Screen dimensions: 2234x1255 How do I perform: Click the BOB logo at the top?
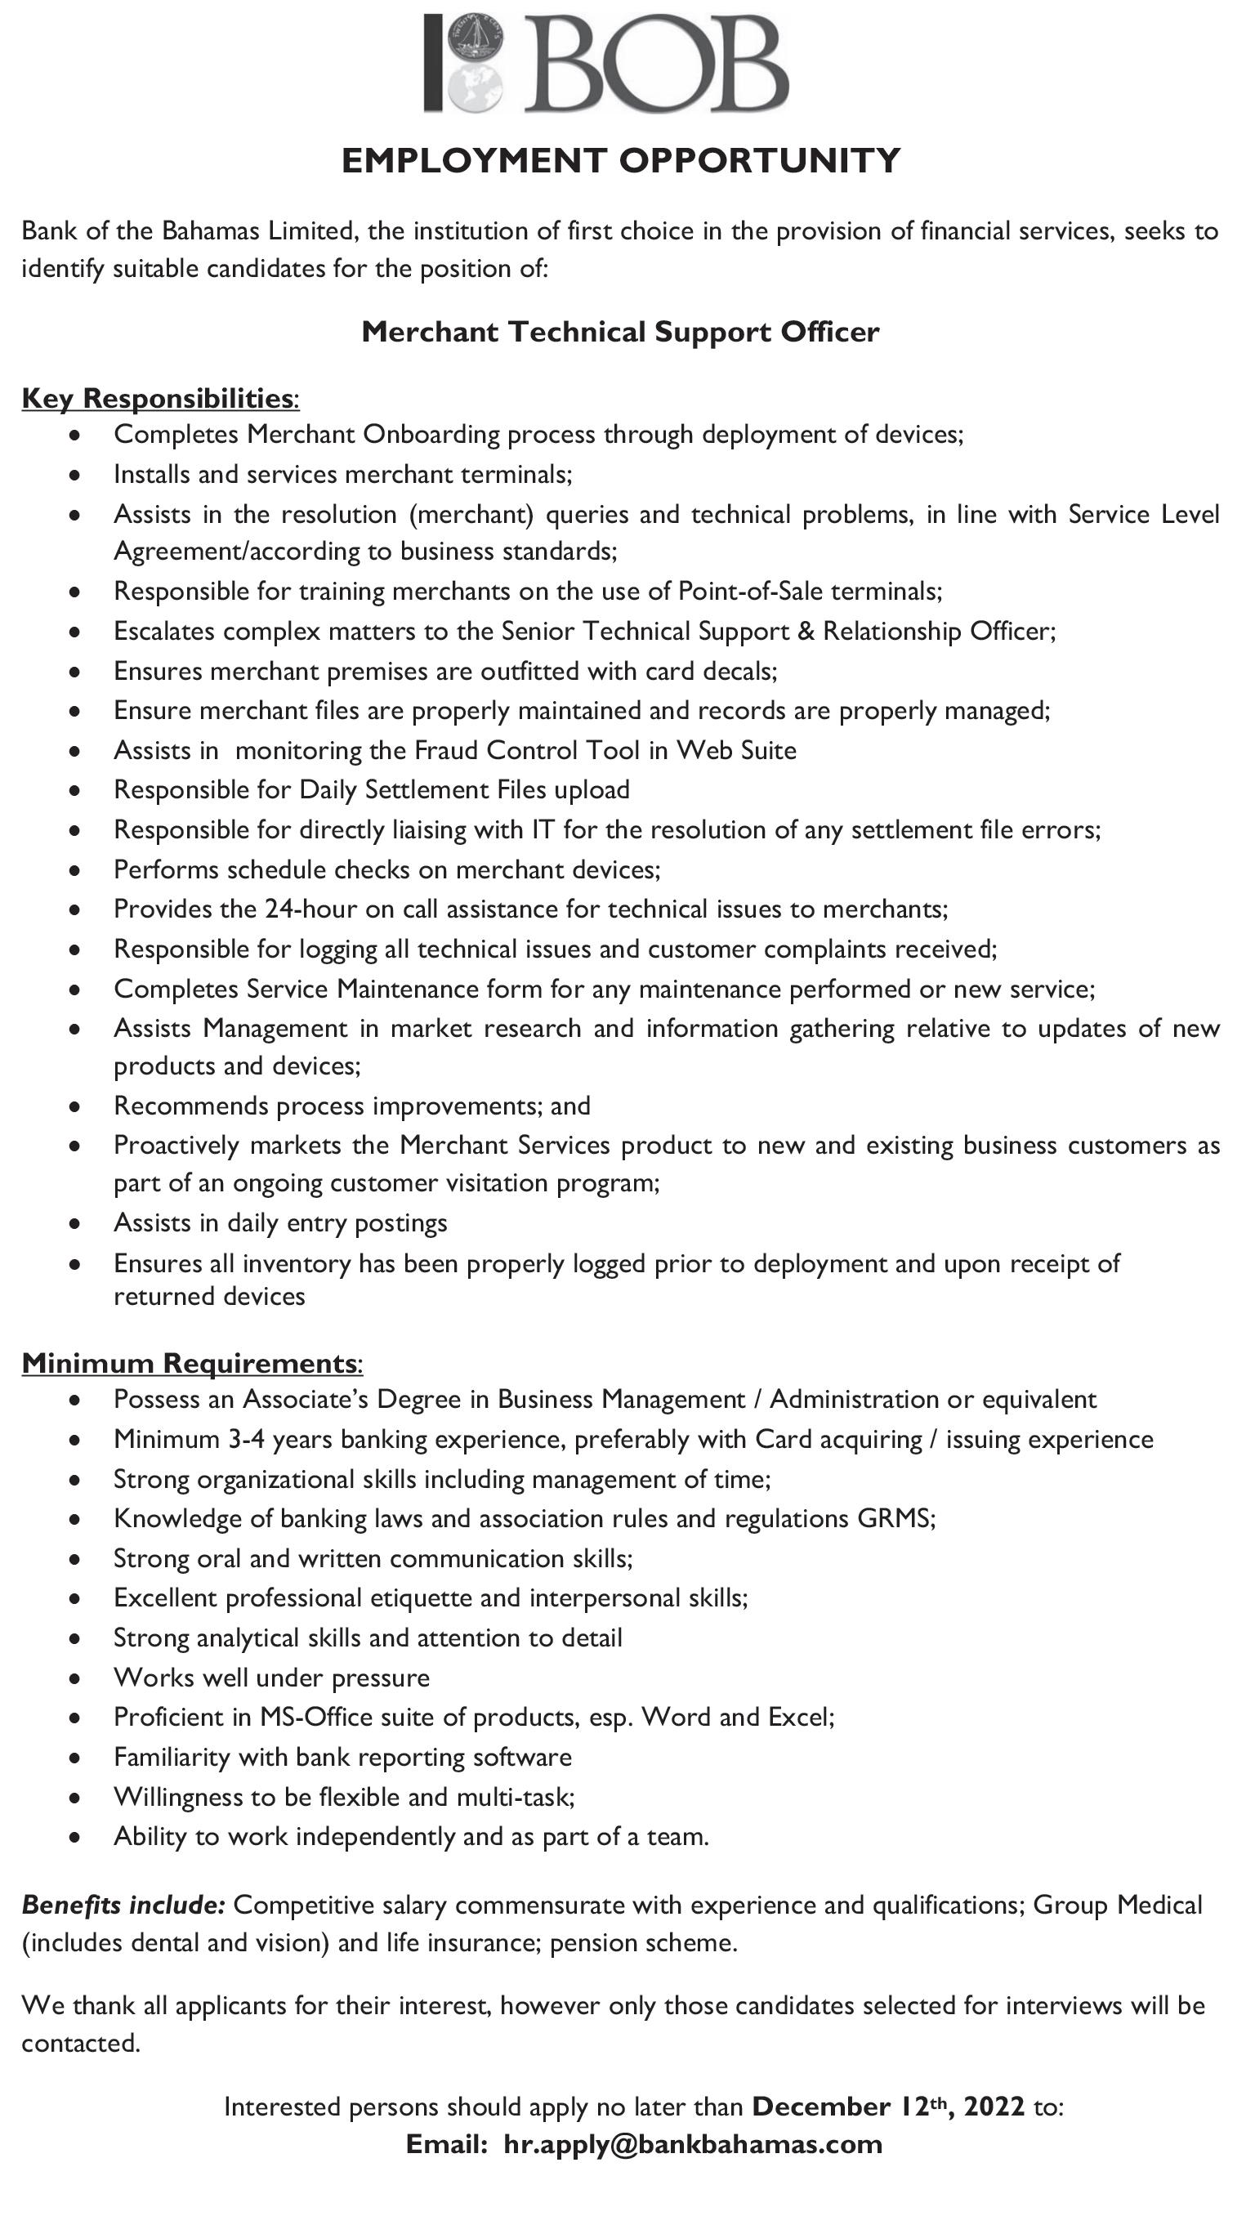(606, 63)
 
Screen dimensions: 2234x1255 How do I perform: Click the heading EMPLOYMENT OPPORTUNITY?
(621, 161)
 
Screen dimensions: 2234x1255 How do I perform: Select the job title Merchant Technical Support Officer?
(620, 332)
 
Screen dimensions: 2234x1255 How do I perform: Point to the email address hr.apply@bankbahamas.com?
(692, 2145)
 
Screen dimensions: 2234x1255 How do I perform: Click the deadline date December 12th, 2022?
(888, 2107)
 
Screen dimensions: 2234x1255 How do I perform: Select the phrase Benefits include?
(123, 1905)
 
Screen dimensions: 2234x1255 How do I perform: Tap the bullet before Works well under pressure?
(76, 1678)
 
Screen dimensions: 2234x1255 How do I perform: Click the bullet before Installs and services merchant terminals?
(76, 476)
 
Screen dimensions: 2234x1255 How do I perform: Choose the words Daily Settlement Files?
(422, 790)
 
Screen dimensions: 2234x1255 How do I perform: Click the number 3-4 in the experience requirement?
(248, 1440)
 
